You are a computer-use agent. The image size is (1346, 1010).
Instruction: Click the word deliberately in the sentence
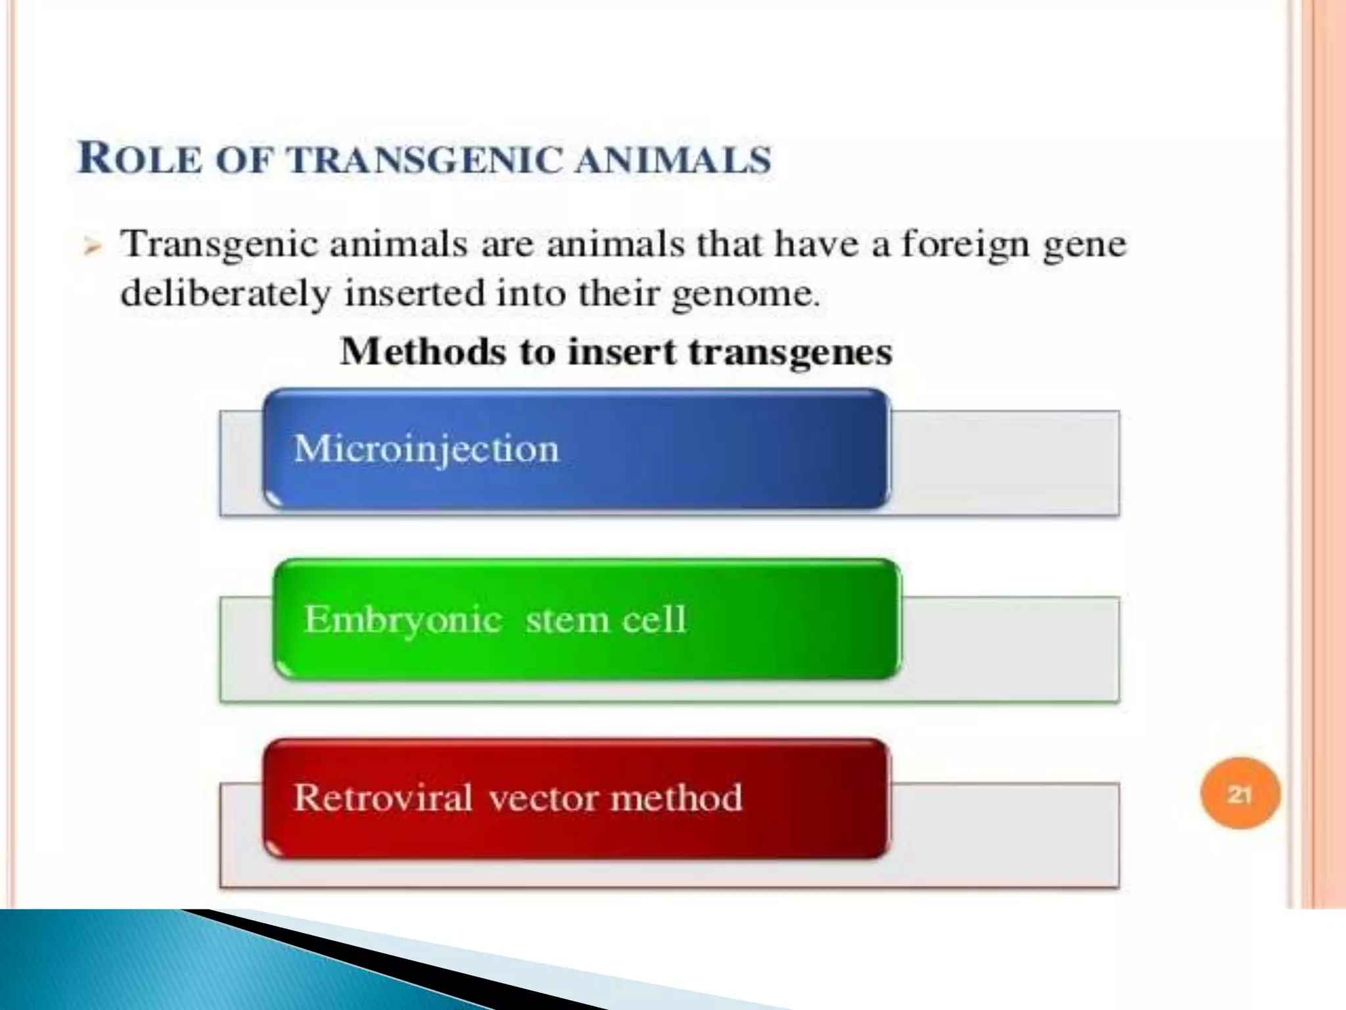(225, 294)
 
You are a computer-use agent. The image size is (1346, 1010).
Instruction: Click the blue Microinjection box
(576, 449)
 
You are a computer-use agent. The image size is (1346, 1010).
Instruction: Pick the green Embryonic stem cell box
(586, 619)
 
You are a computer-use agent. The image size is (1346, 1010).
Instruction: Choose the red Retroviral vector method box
(576, 798)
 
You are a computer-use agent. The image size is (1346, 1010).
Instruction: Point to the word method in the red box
(676, 798)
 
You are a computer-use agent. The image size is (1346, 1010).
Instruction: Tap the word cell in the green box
(654, 619)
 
